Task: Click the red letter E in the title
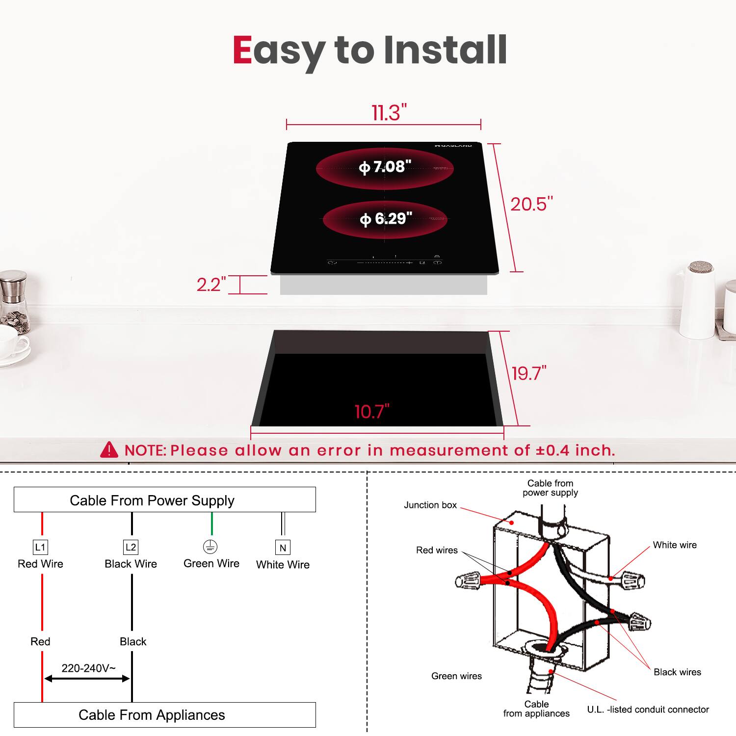click(x=242, y=50)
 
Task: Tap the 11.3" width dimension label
click(x=389, y=113)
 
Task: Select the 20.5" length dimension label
click(x=531, y=204)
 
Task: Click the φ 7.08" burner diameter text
click(x=385, y=167)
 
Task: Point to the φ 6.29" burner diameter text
click(x=386, y=219)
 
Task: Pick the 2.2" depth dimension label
click(x=211, y=285)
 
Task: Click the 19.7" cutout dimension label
click(x=529, y=373)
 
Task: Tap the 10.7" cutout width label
click(x=372, y=412)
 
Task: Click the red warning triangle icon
click(x=109, y=449)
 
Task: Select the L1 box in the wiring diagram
click(x=40, y=547)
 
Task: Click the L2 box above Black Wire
click(x=131, y=547)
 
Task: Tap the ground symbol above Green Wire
click(x=210, y=547)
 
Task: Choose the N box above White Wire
click(x=283, y=548)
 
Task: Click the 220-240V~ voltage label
click(x=88, y=668)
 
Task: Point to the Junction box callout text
click(x=430, y=505)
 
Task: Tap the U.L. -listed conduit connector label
click(x=648, y=710)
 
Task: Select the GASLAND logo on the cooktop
click(x=453, y=146)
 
